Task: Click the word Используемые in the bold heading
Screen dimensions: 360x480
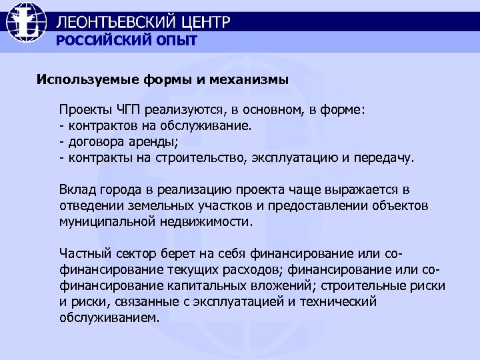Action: click(87, 80)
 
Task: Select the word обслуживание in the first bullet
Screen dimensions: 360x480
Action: click(215, 125)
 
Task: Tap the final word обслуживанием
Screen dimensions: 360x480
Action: click(110, 318)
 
